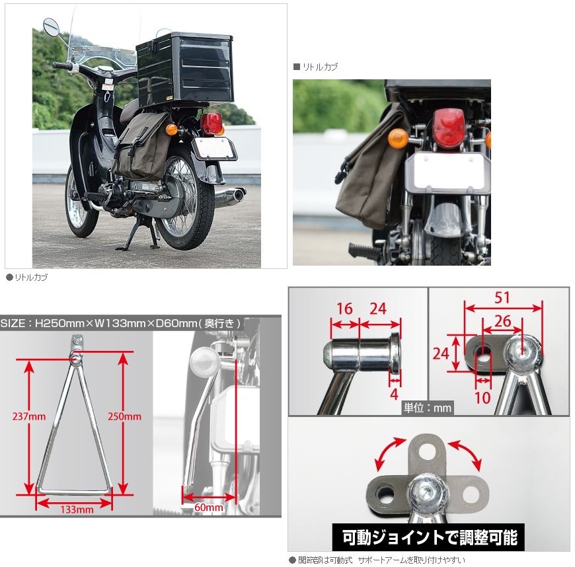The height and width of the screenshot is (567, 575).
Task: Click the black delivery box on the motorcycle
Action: pyautogui.click(x=184, y=69)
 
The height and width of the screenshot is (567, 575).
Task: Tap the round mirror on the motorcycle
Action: pyautogui.click(x=51, y=27)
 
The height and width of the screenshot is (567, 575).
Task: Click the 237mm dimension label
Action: pyautogui.click(x=29, y=416)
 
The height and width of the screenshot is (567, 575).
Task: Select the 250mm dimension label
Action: pyautogui.click(x=124, y=416)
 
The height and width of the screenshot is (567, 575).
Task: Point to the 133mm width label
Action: pyautogui.click(x=77, y=510)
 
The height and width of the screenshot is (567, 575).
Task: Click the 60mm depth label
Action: pyautogui.click(x=209, y=508)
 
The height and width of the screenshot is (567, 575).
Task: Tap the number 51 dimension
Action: pyautogui.click(x=502, y=297)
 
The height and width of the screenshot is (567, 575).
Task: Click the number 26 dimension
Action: pyautogui.click(x=503, y=321)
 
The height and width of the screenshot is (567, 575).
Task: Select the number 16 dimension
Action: pyautogui.click(x=344, y=309)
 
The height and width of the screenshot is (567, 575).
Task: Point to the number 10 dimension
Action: pyautogui.click(x=482, y=398)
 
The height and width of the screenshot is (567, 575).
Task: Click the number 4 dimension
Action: pyautogui.click(x=394, y=395)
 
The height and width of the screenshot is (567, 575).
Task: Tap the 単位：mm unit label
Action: pyautogui.click(x=428, y=408)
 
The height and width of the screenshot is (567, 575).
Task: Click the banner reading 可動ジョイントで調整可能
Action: pyautogui.click(x=429, y=537)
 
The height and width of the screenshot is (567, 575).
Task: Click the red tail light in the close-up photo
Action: pyautogui.click(x=449, y=128)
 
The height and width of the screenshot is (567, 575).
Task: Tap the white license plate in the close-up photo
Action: pyautogui.click(x=448, y=174)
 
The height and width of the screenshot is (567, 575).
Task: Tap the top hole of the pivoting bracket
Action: pyautogui.click(x=426, y=451)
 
